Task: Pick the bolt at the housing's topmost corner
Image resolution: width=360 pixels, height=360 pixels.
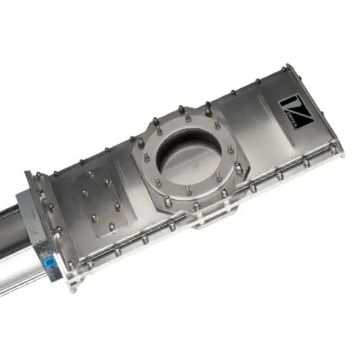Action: pos(284,68)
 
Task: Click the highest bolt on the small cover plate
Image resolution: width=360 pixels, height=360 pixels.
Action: pos(91,174)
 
